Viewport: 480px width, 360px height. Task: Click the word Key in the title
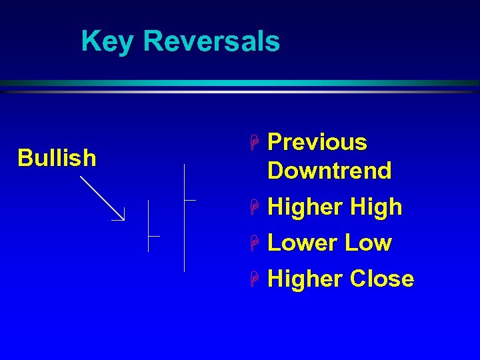(107, 41)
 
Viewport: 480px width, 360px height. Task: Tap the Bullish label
(57, 158)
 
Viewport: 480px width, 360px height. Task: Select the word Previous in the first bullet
(317, 142)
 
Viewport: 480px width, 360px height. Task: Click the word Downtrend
(329, 171)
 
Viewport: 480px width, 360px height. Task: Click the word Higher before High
(304, 207)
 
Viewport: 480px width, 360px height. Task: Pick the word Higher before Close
(304, 279)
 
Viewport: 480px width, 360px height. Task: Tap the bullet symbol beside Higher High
(254, 208)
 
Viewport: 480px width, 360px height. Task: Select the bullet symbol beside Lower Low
(254, 243)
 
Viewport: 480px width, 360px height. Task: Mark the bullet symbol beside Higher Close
(254, 279)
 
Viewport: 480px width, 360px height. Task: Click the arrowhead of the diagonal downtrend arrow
(122, 217)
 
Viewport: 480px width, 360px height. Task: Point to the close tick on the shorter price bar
(155, 236)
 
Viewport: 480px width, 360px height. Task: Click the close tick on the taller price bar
(190, 199)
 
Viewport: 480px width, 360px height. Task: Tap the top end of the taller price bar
(184, 165)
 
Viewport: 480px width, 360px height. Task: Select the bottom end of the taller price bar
(184, 271)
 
